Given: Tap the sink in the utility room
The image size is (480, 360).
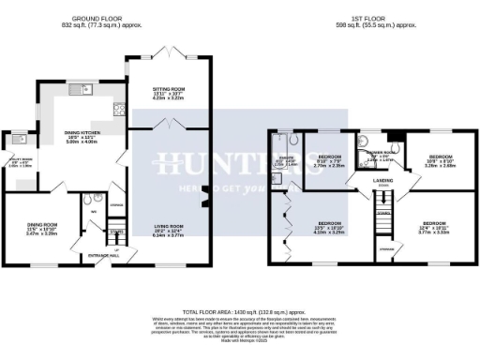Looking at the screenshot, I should (16, 142).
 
